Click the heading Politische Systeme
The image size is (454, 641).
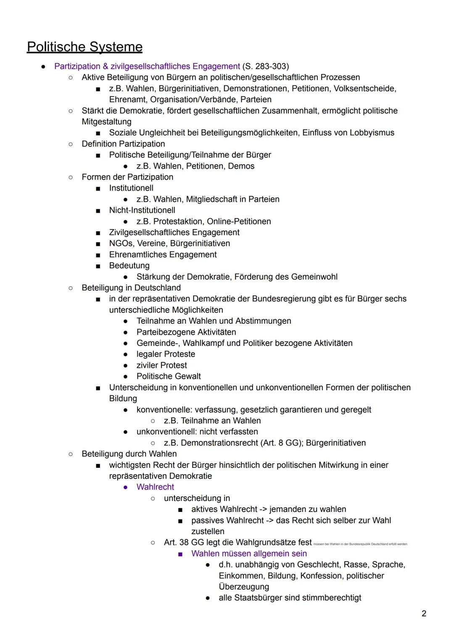[x=84, y=47]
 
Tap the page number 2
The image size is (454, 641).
[x=424, y=614]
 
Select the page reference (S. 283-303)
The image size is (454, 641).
[x=265, y=66]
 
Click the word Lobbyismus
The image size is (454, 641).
[x=372, y=133]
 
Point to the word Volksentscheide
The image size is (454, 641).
[x=365, y=89]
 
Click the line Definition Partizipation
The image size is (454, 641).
[x=123, y=144]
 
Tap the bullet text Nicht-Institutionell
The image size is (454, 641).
[x=142, y=210]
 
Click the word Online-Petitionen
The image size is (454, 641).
[x=239, y=222]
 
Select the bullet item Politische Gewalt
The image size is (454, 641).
[x=169, y=377]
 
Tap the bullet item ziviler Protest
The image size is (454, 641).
[x=161, y=365]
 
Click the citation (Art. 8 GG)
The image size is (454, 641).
[x=282, y=443]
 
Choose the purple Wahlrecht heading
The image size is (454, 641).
[x=155, y=487]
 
